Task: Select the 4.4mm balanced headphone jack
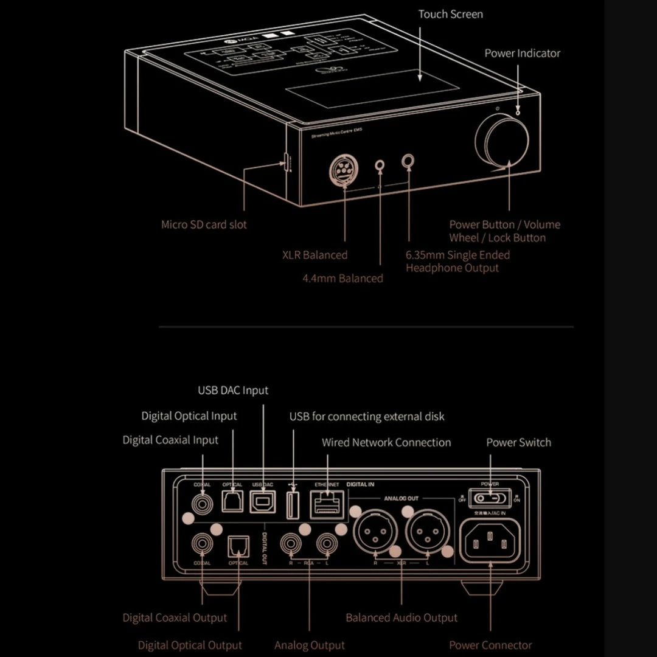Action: tap(381, 165)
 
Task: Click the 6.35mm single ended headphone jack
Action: tap(409, 161)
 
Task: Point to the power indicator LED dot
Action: tap(517, 111)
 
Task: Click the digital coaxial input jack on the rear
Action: tap(202, 503)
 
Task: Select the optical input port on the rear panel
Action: tap(232, 502)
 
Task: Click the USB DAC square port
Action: tap(263, 502)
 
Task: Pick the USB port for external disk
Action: tap(292, 504)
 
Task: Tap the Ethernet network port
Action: tap(327, 504)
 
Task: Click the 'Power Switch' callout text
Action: tap(518, 442)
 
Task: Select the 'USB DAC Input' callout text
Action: tap(233, 390)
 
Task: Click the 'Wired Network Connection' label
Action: tap(386, 442)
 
